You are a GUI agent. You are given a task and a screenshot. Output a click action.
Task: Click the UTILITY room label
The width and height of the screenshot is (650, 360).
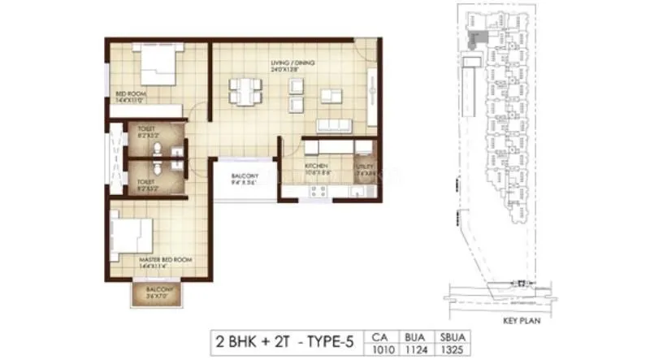coord(363,168)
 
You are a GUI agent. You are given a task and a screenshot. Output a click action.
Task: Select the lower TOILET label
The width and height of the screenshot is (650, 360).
coord(147,183)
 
